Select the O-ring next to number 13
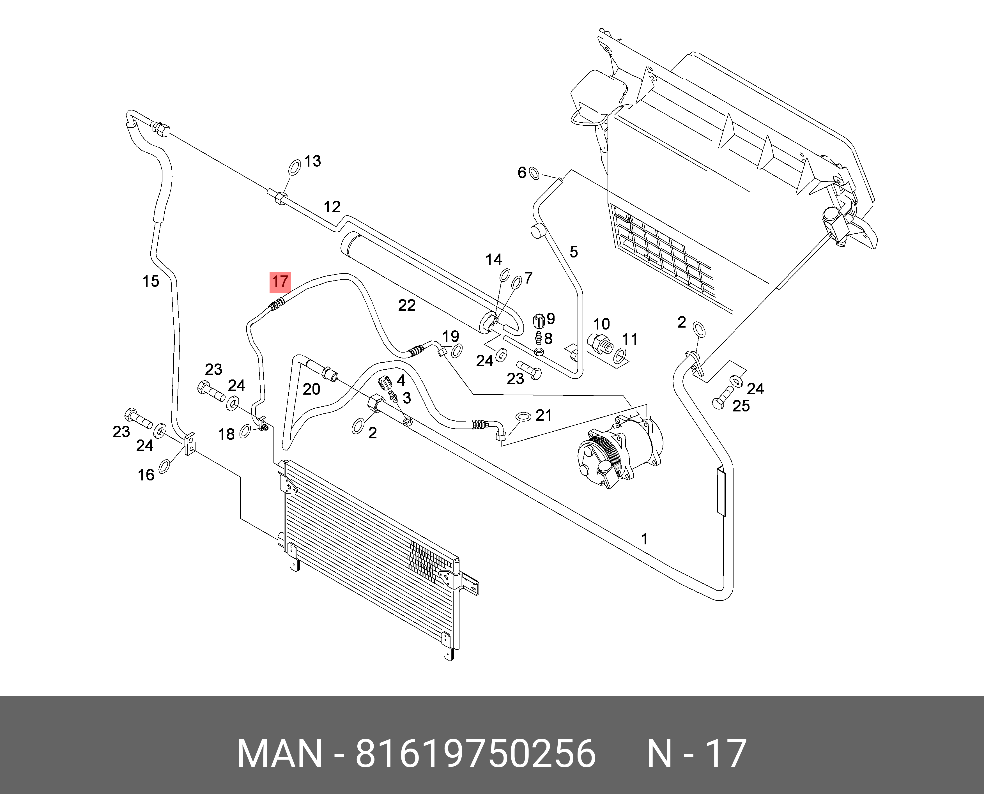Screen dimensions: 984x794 point(294,167)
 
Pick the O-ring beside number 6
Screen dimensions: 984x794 point(534,173)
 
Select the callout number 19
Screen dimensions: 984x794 point(450,336)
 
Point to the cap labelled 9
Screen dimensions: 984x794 point(539,321)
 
